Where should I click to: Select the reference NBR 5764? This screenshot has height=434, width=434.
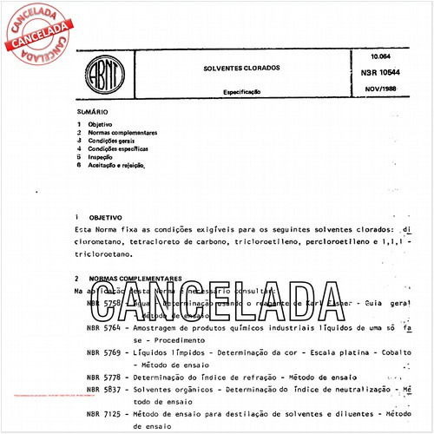click(105, 328)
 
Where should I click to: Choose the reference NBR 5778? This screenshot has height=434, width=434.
click(105, 379)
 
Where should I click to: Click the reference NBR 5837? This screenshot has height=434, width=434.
click(105, 391)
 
